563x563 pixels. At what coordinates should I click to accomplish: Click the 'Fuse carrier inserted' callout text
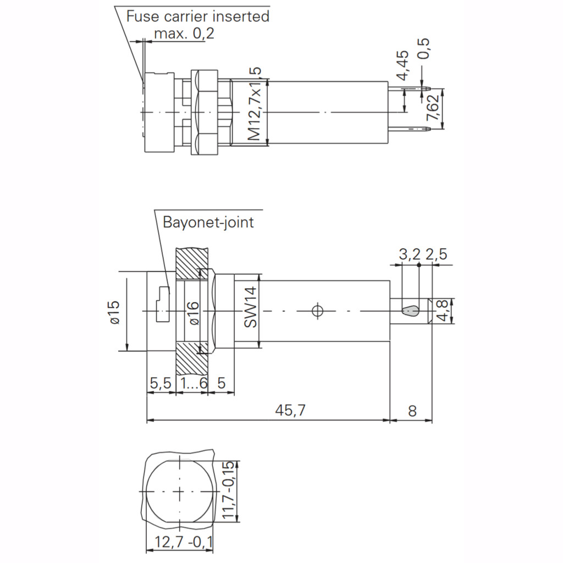(198, 16)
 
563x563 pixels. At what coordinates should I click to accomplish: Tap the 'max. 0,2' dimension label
(184, 34)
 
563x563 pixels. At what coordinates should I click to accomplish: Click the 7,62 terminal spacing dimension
(433, 108)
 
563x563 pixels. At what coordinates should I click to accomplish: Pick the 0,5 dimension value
(424, 51)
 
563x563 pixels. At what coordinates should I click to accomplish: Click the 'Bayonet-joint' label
(208, 222)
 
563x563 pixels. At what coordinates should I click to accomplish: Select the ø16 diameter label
(194, 312)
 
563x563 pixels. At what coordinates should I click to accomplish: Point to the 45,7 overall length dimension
(290, 411)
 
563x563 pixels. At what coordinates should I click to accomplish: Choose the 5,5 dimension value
(160, 383)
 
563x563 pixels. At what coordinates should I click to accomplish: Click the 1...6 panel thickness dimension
(192, 383)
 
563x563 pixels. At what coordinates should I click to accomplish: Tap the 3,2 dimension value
(410, 254)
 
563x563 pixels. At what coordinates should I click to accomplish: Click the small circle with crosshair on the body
(316, 311)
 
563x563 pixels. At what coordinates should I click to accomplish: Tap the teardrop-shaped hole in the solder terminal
(411, 311)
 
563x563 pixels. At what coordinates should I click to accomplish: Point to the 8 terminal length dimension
(411, 411)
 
